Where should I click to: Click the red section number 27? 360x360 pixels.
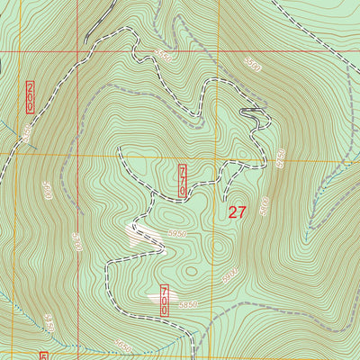click(x=237, y=212)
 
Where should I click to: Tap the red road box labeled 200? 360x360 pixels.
click(x=30, y=96)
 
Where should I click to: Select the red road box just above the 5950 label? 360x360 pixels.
click(x=183, y=180)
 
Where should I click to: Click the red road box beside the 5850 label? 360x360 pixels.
click(x=165, y=300)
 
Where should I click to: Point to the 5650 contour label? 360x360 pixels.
click(x=123, y=346)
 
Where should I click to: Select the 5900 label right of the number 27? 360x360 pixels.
click(x=264, y=205)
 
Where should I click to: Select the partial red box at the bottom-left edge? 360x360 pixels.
click(x=42, y=355)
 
